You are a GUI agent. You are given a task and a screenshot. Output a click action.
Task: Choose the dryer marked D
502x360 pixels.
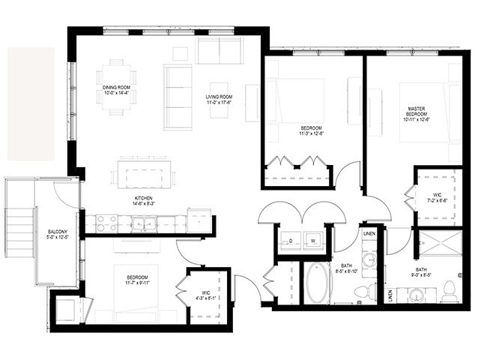(290, 241)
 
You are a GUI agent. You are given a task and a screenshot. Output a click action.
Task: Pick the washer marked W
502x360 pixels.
(312, 241)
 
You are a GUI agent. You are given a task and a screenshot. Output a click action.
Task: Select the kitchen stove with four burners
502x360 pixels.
(106, 222)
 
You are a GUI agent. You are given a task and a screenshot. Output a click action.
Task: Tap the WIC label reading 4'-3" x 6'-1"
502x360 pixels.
(201, 294)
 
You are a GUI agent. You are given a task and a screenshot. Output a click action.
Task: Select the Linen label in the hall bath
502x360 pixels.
(368, 235)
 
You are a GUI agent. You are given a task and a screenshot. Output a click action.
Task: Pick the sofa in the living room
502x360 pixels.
(178, 97)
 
